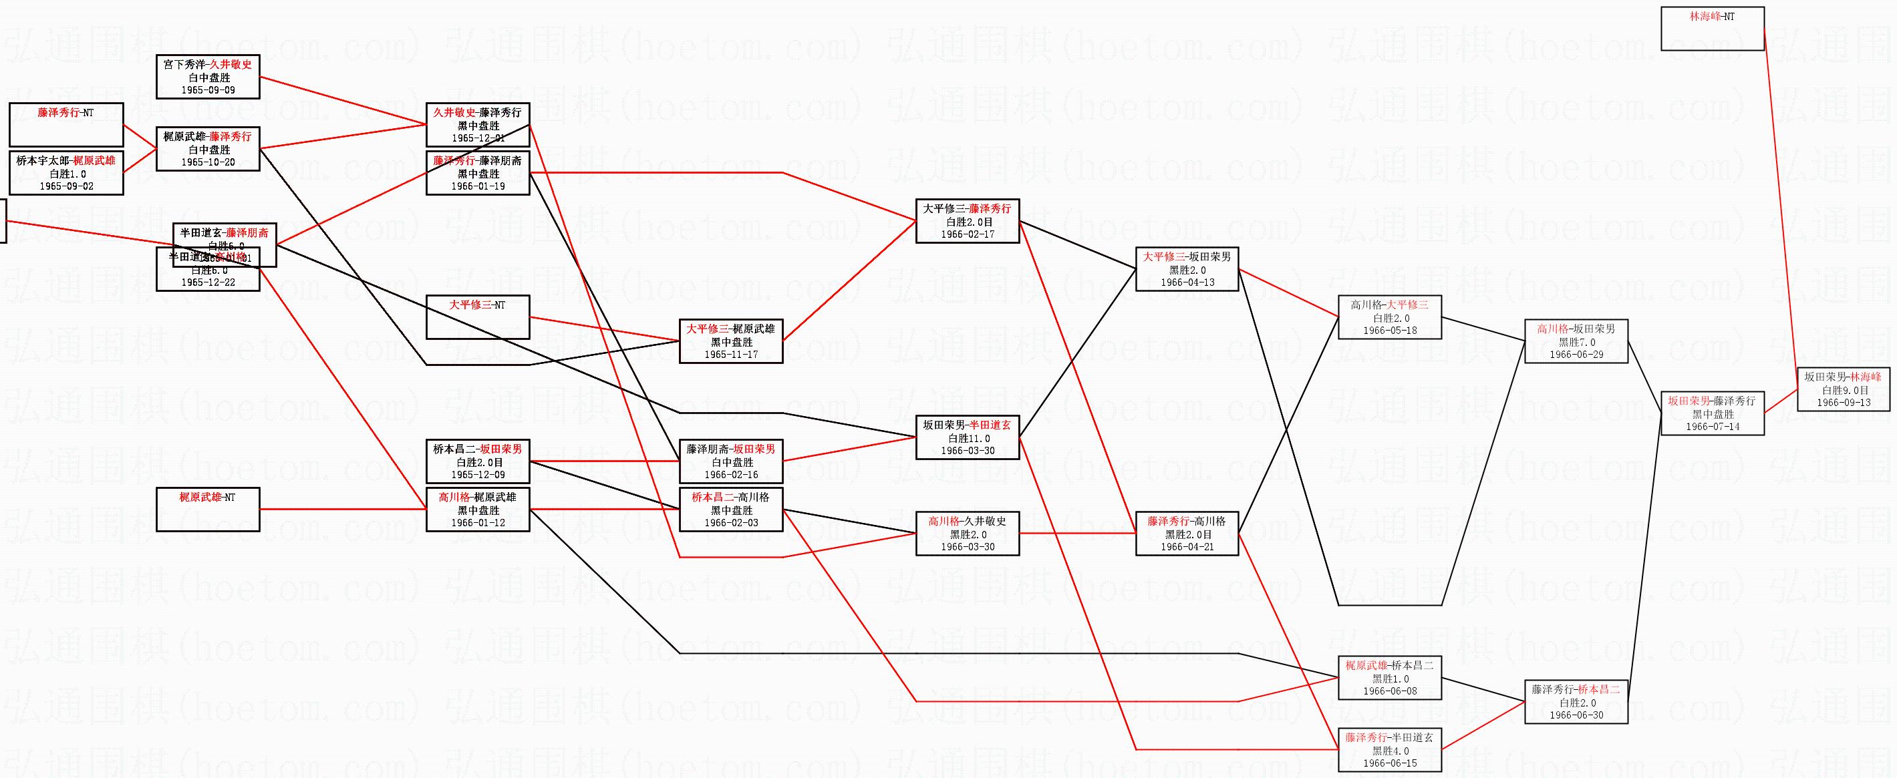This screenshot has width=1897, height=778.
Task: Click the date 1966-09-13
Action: pyautogui.click(x=1844, y=403)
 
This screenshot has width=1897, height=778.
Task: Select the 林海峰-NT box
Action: pyautogui.click(x=1712, y=29)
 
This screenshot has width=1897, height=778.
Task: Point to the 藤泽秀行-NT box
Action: pyautogui.click(x=65, y=124)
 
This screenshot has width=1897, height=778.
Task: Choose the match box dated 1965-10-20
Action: pyautogui.click(x=208, y=150)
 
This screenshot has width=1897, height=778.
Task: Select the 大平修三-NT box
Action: pyautogui.click(x=477, y=317)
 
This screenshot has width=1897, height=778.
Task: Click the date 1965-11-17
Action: pyautogui.click(x=730, y=355)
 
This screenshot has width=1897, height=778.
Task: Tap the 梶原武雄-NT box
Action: pyautogui.click(x=208, y=509)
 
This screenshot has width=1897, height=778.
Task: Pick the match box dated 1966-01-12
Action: pyautogui.click(x=477, y=510)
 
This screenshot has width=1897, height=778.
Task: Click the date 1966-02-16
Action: pyautogui.click(x=730, y=475)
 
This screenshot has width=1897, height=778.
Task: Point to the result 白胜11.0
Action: pyautogui.click(x=967, y=438)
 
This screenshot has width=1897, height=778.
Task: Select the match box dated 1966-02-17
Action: pyautogui.click(x=967, y=221)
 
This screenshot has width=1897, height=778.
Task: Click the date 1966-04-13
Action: pyautogui.click(x=1187, y=282)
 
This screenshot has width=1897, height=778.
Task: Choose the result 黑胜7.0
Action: pyautogui.click(x=1576, y=343)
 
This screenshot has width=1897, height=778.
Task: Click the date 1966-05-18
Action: pyautogui.click(x=1390, y=331)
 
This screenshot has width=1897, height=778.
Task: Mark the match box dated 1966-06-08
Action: pyautogui.click(x=1389, y=678)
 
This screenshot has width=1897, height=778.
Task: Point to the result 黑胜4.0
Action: pyautogui.click(x=1390, y=751)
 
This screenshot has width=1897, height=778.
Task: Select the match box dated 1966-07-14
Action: pyautogui.click(x=1712, y=413)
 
